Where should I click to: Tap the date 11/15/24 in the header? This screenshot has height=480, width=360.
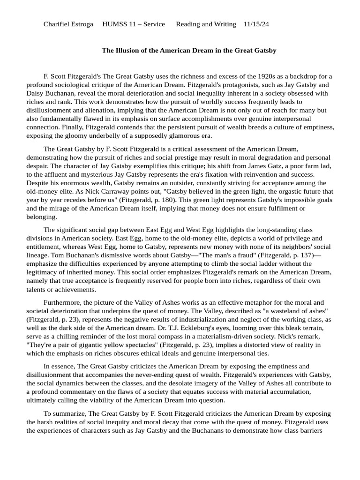tap(259, 24)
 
